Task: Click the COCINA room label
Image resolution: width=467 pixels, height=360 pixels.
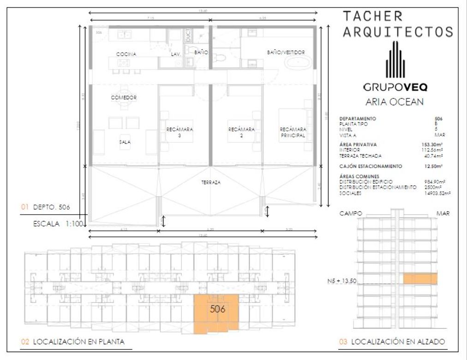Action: click(x=126, y=54)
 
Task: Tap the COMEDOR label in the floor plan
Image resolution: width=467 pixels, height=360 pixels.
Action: click(x=124, y=98)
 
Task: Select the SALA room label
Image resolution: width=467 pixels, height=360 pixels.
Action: click(x=124, y=142)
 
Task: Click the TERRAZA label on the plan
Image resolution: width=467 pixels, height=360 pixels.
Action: click(x=210, y=182)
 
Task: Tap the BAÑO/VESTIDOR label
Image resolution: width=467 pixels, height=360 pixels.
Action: click(x=286, y=53)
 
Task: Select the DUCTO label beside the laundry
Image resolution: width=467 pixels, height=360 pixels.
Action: click(x=188, y=35)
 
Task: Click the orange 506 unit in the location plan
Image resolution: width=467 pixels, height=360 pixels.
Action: click(x=216, y=313)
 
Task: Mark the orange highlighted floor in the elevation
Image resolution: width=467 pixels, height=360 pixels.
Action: click(x=420, y=279)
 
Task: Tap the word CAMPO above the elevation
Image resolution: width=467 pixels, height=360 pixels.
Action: click(x=351, y=214)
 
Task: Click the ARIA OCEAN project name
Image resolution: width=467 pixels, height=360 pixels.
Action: click(x=394, y=102)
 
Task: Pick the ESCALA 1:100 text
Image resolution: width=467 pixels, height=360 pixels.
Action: click(x=58, y=224)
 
